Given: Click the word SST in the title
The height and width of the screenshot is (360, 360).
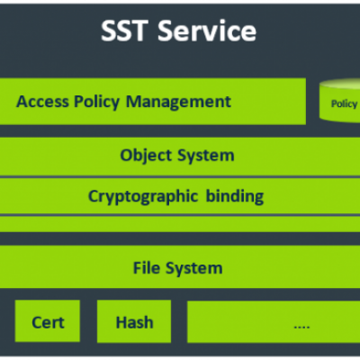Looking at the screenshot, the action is coord(124,31).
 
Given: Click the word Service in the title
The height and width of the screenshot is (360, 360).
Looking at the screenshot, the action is coord(207,31).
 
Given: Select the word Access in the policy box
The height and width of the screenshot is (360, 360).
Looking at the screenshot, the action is coord(42,102).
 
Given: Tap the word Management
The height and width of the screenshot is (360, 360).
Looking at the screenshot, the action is coord(178,102).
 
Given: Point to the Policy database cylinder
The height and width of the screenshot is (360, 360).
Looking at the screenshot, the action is coord(339,101).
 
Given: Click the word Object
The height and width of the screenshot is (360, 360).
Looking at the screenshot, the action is coord(146,156).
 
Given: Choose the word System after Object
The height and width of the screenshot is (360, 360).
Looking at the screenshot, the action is coord(206,156).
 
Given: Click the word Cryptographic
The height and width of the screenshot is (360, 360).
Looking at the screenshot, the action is coord(143,197).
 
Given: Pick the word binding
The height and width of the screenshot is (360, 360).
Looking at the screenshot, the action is coord(235,196).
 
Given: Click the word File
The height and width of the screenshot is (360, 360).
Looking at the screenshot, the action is coord(147,267).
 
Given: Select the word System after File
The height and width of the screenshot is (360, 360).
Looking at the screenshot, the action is coord(194,268).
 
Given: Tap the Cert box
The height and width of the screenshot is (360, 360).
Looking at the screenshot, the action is coord(48,321).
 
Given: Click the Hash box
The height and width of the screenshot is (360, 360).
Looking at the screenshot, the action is coord(134,321).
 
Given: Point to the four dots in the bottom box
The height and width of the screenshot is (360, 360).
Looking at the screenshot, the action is coord(301,327).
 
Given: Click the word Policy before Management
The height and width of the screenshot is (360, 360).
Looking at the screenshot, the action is coord(97,102).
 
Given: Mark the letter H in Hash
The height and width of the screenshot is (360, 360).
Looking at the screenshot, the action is coord(121,322).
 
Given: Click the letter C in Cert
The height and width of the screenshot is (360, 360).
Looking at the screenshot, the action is coord(37,323).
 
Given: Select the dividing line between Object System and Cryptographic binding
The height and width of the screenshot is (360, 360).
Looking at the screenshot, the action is coord(180,177).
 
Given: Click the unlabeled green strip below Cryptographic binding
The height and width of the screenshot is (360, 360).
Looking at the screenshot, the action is coord(180,224).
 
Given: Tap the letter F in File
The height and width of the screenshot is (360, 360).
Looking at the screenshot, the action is coord(138,267).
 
